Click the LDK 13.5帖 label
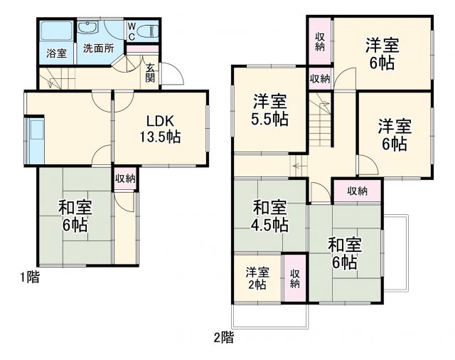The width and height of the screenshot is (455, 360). [x=164, y=128]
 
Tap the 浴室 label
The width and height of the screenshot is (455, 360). [x=55, y=53]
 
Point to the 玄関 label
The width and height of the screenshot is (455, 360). [x=151, y=73]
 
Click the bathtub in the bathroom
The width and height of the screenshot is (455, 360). [x=54, y=31]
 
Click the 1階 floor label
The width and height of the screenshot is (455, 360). [x=29, y=277]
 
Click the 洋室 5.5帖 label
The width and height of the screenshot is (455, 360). [x=269, y=110]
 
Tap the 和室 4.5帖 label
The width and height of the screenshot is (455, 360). [x=270, y=216]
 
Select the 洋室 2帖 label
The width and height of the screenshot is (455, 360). [x=257, y=277]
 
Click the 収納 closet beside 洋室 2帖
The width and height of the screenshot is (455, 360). [x=294, y=278]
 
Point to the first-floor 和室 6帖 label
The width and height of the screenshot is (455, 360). [x=73, y=217]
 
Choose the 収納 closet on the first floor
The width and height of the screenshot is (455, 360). [x=125, y=179]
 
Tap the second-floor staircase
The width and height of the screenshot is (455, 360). [x=319, y=121]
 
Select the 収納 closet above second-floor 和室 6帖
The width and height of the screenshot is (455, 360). [x=358, y=190]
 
